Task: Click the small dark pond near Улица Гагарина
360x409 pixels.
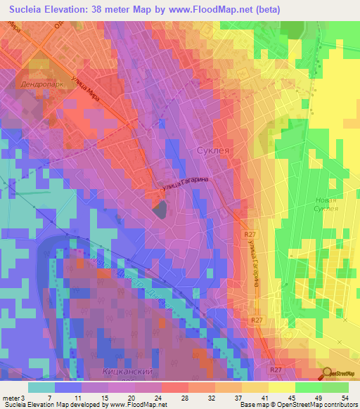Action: point(160,209)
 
